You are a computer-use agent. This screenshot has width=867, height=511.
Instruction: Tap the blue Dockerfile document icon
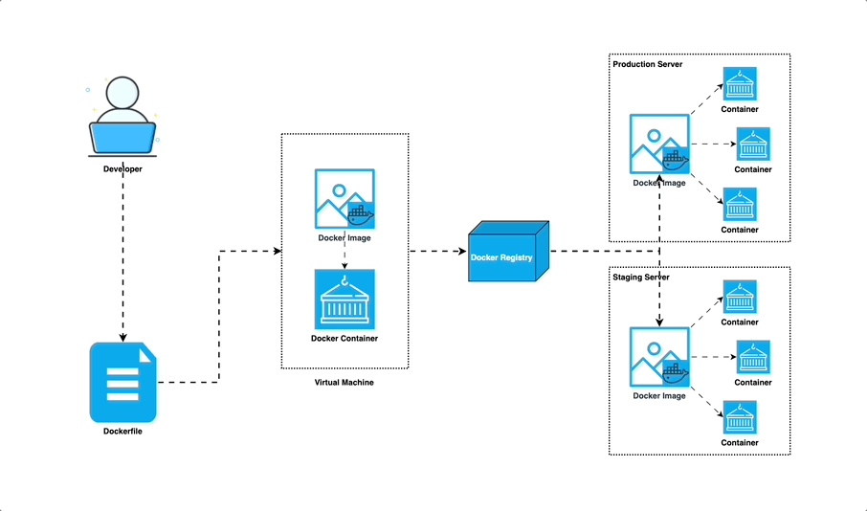122,382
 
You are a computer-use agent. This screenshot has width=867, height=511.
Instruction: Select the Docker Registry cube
508,253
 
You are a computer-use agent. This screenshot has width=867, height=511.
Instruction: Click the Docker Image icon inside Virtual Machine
345,199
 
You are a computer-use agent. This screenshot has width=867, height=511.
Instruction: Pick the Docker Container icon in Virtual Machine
345,300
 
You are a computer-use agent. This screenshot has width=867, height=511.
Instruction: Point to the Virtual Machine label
345,383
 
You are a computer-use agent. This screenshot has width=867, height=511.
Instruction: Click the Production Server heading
647,64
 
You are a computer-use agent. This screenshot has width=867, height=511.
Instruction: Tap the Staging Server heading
641,277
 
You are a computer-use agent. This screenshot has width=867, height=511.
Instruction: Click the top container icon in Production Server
740,83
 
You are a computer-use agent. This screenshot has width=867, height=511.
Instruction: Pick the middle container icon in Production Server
753,144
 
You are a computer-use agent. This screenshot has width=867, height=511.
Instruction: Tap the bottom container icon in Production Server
740,204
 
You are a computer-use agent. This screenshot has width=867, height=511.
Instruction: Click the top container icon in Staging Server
740,297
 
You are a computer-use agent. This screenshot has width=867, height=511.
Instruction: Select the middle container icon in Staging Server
753,357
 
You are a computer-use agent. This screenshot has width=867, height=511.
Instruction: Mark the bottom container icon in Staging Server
740,417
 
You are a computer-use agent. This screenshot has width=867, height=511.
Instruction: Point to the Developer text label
122,169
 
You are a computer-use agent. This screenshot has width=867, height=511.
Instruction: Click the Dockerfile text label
122,432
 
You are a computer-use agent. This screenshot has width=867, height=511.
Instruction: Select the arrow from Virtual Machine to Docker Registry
438,252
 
